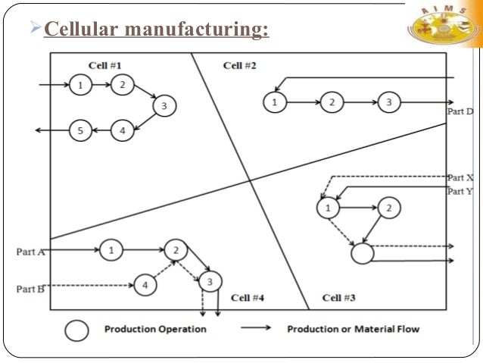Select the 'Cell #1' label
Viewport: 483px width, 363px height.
[104, 65]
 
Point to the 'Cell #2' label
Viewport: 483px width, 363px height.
[239, 65]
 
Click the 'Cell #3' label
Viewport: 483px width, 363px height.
[338, 297]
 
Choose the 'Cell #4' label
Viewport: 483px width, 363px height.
[247, 297]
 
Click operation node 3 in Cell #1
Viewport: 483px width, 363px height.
[164, 107]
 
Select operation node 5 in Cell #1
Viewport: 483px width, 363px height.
[79, 131]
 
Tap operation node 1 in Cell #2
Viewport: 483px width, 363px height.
[274, 101]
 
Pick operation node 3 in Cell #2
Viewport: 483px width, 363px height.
[388, 101]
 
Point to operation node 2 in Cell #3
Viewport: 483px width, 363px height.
[388, 207]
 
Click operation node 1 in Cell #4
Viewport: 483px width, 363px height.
[111, 249]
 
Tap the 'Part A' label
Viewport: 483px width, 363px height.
[31, 251]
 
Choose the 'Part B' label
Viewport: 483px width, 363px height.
[31, 289]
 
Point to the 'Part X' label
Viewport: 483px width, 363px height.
[460, 177]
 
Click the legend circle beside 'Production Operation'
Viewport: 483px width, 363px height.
[76, 330]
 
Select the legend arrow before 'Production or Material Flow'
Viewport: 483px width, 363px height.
[257, 330]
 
